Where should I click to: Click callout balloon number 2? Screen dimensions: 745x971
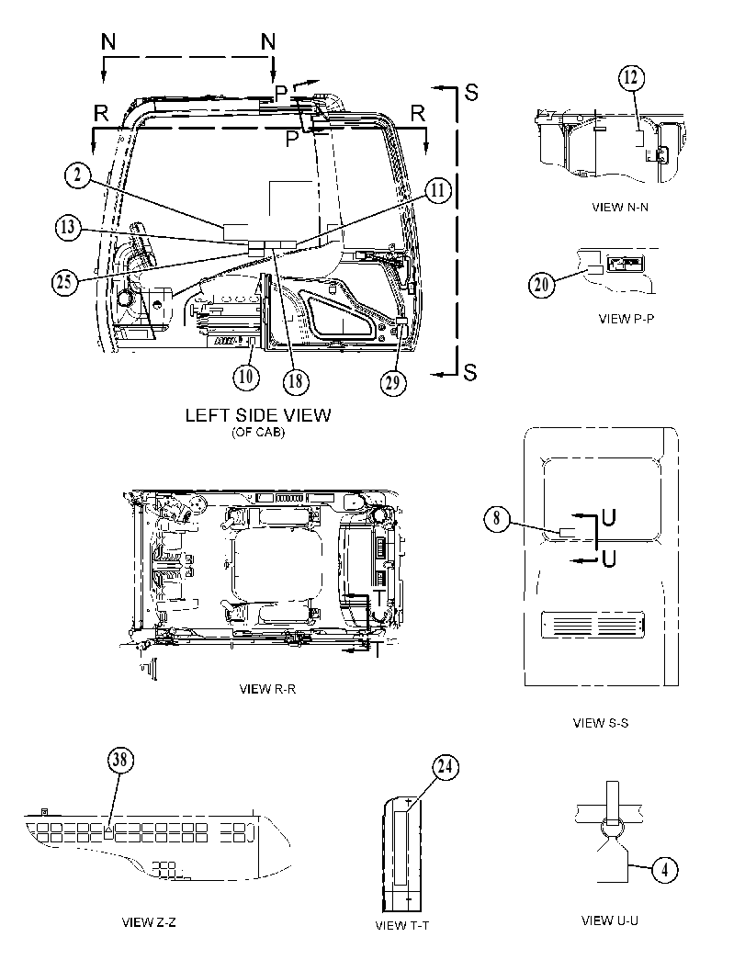[77, 175]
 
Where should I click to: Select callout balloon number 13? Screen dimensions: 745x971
[67, 227]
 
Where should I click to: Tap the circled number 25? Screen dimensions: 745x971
[63, 282]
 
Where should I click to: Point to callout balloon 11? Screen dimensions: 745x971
[438, 189]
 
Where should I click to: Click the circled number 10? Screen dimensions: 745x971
[246, 376]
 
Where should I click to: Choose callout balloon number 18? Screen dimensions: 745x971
[296, 380]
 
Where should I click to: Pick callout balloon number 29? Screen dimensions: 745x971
[393, 382]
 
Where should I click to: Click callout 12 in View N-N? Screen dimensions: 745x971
[630, 77]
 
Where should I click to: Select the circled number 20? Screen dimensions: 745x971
[541, 284]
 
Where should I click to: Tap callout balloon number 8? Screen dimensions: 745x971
[497, 518]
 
